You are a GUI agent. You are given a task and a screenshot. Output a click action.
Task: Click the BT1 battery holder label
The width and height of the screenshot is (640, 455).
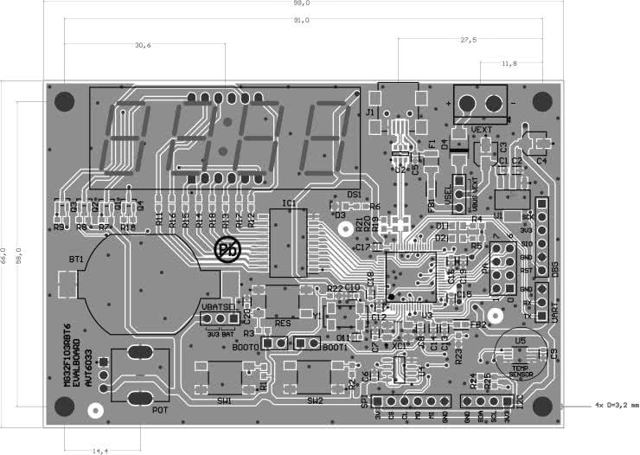tap(76, 259)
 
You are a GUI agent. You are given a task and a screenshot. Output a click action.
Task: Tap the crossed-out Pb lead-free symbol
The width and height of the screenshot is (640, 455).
tap(227, 250)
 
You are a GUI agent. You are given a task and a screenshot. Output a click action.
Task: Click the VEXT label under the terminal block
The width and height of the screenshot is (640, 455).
tap(482, 129)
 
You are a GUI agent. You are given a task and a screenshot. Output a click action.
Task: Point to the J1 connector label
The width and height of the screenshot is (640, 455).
tap(370, 113)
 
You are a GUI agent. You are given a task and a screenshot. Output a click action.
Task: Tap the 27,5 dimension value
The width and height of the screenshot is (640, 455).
tap(468, 41)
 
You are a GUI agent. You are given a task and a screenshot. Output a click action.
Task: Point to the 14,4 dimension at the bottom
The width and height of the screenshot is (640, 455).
tap(101, 450)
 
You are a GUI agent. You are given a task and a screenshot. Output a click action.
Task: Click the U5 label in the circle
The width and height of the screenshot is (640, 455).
tap(519, 341)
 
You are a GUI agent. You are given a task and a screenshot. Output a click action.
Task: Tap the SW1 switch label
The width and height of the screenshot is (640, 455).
tap(224, 401)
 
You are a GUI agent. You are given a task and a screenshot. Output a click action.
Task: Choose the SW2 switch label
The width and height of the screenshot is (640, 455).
tap(314, 401)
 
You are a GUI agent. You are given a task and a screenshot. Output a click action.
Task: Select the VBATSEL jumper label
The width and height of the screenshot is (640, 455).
tap(216, 306)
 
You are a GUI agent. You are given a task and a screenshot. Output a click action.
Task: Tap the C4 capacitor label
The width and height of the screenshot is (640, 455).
tap(541, 162)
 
